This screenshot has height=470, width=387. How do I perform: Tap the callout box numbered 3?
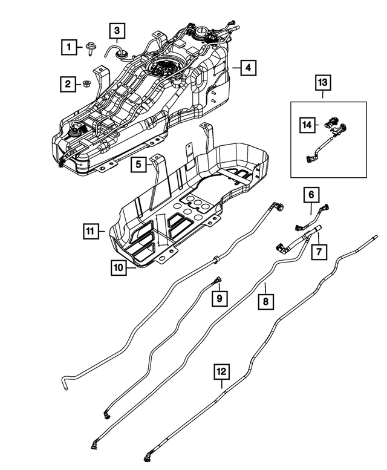pyautogui.click(x=117, y=30)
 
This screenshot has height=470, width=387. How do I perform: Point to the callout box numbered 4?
pyautogui.click(x=247, y=68)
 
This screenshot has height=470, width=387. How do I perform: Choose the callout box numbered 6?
pyautogui.click(x=311, y=194)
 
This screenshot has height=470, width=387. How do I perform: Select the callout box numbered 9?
pyautogui.click(x=220, y=298)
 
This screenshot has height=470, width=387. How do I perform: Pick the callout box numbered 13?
pyautogui.click(x=322, y=82)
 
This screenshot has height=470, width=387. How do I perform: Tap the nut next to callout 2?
pyautogui.click(x=86, y=84)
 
